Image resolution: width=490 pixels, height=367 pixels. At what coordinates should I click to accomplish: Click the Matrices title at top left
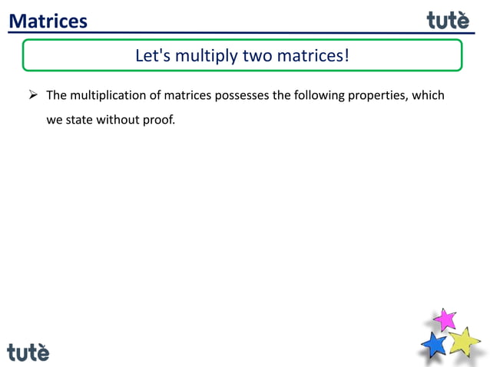click(48, 21)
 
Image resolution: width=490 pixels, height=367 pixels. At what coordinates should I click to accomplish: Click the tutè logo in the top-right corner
click(448, 19)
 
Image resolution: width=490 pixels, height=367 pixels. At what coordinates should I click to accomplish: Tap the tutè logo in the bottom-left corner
click(28, 352)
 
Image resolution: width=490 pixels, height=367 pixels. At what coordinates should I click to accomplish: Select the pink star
click(444, 318)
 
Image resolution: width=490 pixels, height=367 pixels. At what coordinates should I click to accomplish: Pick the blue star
click(435, 343)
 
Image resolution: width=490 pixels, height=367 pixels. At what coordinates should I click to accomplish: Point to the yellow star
click(463, 340)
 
